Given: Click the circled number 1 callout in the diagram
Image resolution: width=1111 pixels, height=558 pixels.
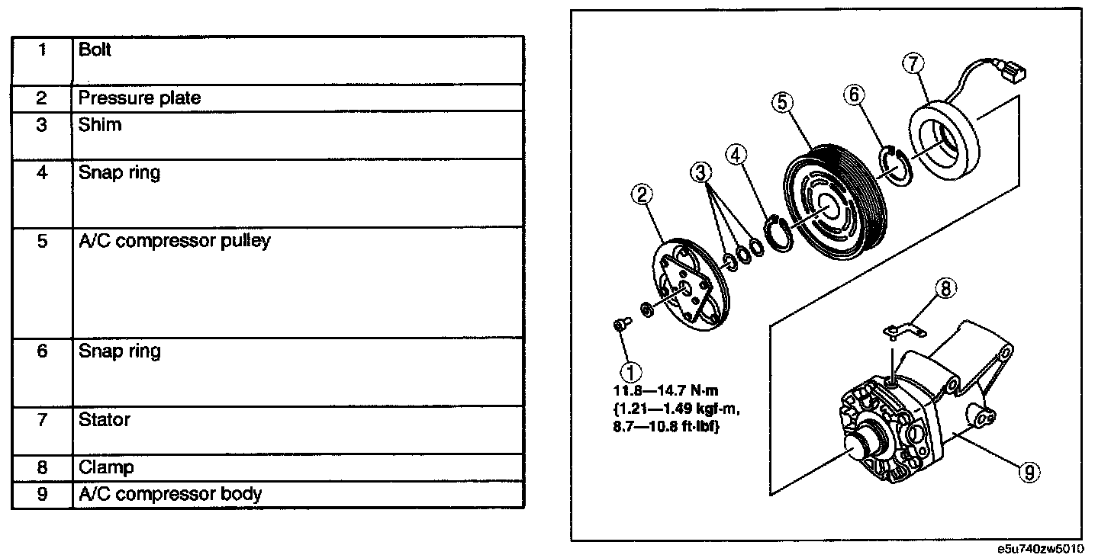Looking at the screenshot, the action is (630, 373).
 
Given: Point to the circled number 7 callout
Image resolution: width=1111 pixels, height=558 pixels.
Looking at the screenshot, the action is (913, 64).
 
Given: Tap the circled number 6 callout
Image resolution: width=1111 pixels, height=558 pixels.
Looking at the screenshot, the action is (855, 95).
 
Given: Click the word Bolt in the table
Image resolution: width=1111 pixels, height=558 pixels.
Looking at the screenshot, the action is (95, 50).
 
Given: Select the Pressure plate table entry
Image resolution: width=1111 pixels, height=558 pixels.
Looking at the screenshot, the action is (140, 98).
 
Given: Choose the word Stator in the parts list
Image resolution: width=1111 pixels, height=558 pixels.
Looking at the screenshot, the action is (104, 419).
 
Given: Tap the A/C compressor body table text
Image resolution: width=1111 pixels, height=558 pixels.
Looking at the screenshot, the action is (170, 493).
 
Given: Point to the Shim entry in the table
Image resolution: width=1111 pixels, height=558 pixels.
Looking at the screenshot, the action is (99, 124).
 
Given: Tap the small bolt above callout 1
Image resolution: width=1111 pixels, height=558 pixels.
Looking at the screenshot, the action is (620, 325).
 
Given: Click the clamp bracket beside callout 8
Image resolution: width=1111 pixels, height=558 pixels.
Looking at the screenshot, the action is (903, 330).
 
